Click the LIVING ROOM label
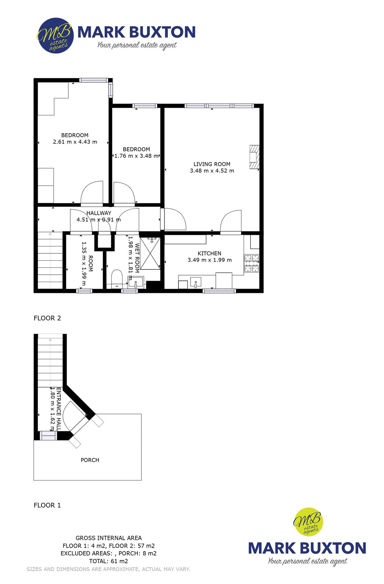click(212, 164)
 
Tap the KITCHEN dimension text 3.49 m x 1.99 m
click(209, 260)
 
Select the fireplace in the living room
click(254, 157)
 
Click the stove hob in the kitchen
click(251, 263)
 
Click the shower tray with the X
click(150, 253)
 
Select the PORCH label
click(90, 460)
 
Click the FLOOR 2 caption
click(47, 318)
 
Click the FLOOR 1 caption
click(47, 505)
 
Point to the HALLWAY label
click(99, 213)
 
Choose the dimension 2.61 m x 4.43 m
click(75, 142)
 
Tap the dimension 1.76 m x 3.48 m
click(136, 156)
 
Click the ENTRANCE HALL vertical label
click(59, 409)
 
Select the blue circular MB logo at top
click(55, 36)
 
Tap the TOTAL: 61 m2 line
click(108, 561)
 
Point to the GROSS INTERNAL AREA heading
click(109, 538)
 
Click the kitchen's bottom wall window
click(219, 291)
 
